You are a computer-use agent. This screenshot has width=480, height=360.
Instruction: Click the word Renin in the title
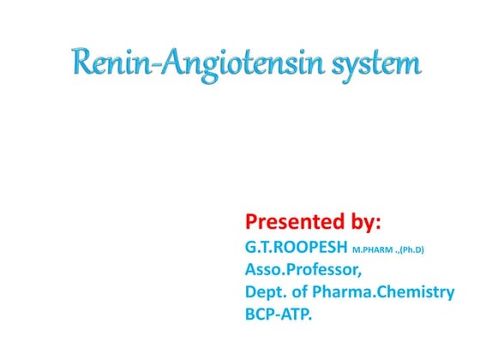[108, 63]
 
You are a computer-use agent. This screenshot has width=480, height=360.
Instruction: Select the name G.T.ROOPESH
[297, 248]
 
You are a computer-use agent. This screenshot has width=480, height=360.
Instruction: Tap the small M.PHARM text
[377, 250]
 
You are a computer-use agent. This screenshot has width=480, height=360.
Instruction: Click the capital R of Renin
[83, 63]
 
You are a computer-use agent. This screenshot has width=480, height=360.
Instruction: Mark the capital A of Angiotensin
[165, 63]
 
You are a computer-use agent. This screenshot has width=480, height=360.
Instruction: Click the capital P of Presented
[253, 222]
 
